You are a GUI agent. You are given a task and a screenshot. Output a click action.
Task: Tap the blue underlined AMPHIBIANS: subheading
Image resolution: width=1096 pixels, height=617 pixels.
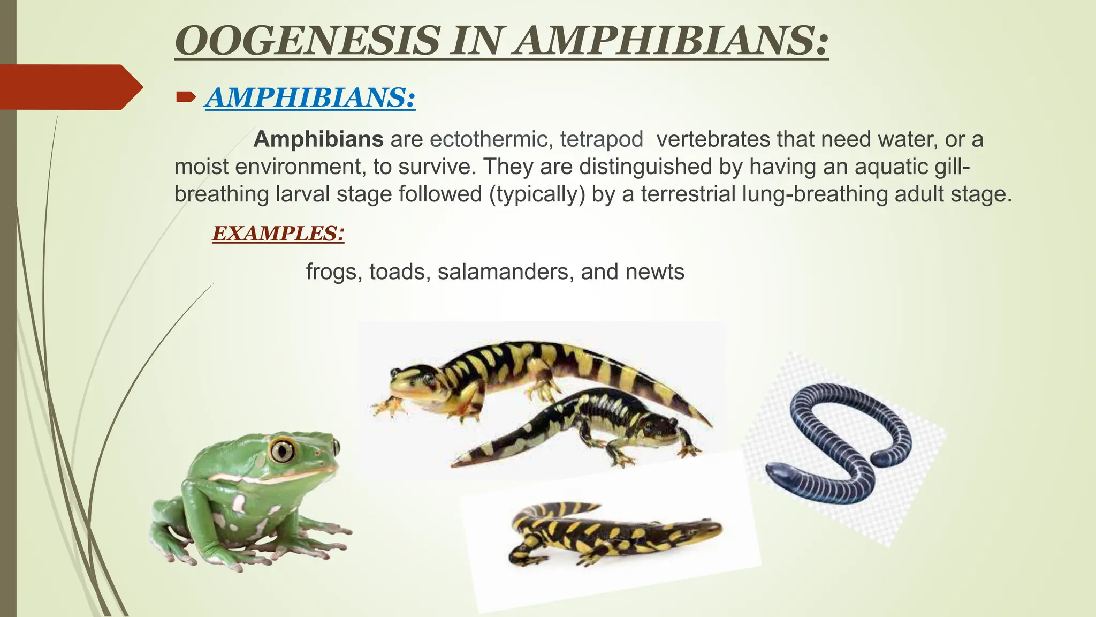click(x=310, y=97)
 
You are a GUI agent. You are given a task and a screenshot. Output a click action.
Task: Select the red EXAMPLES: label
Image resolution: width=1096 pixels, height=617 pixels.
click(x=278, y=234)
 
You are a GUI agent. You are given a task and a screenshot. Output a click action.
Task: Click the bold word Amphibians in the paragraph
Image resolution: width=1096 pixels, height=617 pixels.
click(x=318, y=139)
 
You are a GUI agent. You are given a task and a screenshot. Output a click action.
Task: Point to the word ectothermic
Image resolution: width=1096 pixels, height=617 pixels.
click(x=491, y=139)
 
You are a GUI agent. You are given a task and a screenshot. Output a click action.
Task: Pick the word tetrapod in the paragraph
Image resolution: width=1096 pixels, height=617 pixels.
click(x=602, y=139)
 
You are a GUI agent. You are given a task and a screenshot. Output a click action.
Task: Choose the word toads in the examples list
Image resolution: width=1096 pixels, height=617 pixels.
click(x=397, y=272)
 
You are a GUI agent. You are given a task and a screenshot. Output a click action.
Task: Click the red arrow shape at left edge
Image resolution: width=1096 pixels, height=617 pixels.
click(x=70, y=87)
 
